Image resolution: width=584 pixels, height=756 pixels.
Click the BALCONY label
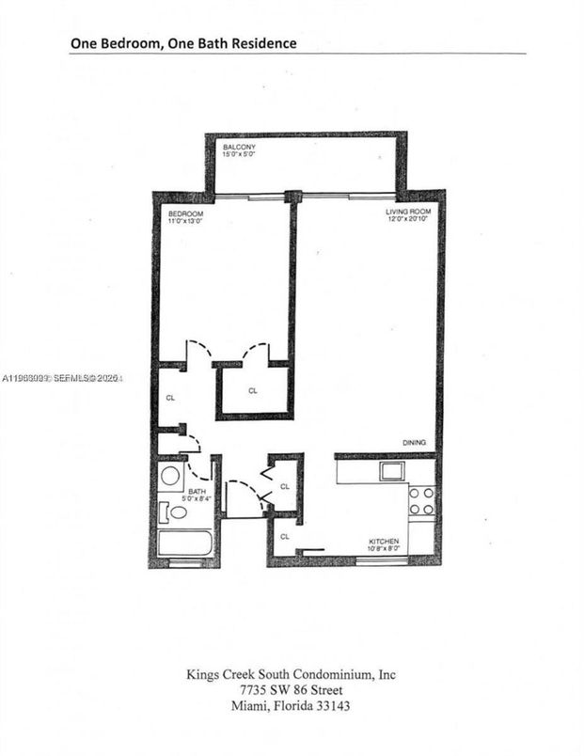[x=239, y=149]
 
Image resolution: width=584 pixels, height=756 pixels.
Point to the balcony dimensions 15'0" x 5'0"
[x=239, y=156]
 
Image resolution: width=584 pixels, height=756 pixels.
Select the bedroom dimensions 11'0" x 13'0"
[x=185, y=220]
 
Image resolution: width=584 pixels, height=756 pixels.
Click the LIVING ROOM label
[x=408, y=213]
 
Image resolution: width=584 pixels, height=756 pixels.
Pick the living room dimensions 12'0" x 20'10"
[x=408, y=220]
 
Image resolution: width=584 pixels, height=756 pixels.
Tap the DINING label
[x=415, y=443]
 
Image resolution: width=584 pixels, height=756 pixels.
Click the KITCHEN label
[x=386, y=542]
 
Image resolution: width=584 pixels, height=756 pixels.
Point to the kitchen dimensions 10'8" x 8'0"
[x=386, y=549]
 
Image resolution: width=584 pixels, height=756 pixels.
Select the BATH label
[x=197, y=491]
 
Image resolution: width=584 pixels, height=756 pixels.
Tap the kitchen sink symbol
[x=392, y=470]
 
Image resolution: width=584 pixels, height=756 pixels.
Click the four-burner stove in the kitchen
[x=422, y=501]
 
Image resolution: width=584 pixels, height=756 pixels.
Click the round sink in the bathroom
[x=171, y=475]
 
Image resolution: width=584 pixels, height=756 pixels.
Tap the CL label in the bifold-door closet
[x=285, y=486]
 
